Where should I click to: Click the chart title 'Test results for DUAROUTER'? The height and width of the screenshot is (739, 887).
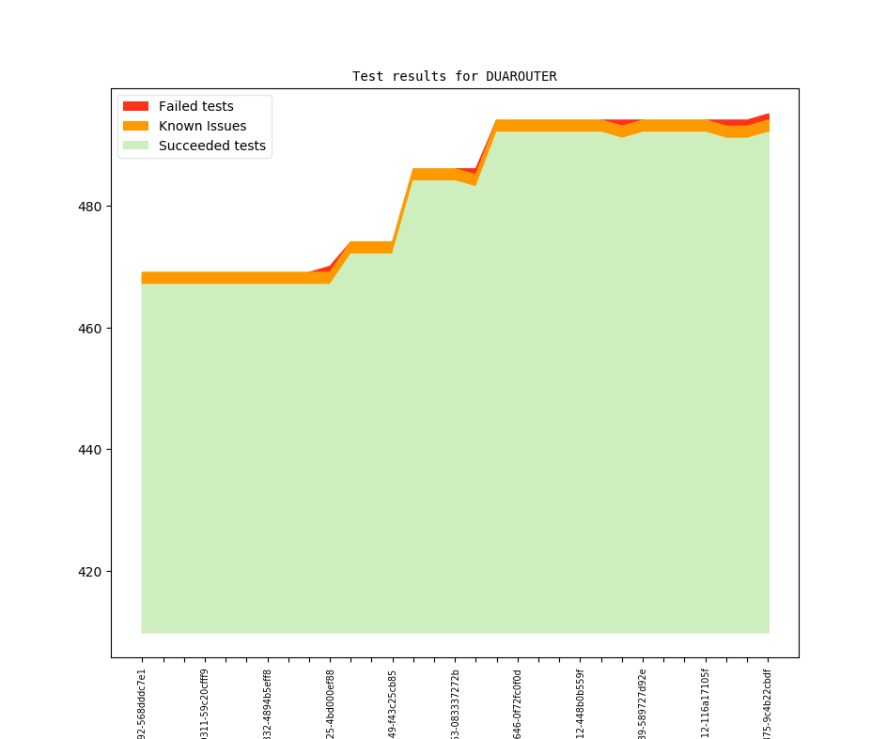click(454, 76)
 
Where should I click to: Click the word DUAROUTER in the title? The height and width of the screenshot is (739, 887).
click(521, 76)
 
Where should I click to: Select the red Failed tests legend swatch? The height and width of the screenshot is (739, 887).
click(135, 106)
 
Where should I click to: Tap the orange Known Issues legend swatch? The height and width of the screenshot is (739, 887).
click(135, 126)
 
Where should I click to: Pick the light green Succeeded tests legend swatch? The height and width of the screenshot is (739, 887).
click(135, 146)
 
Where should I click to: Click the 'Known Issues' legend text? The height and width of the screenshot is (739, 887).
click(202, 126)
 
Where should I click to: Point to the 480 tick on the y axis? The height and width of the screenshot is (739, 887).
click(91, 207)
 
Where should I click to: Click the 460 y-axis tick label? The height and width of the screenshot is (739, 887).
click(91, 329)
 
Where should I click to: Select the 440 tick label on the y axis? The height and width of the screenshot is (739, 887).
click(91, 450)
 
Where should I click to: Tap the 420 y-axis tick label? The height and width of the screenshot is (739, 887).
click(91, 572)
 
